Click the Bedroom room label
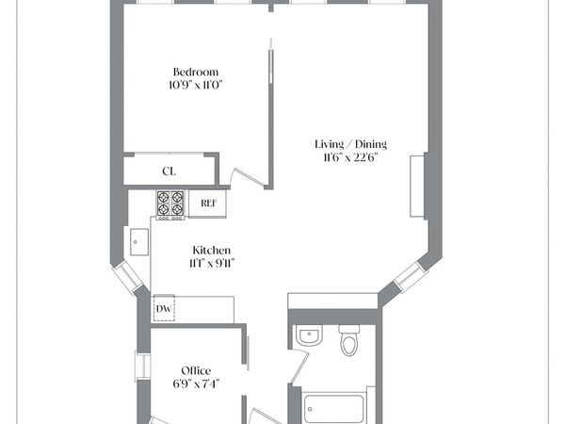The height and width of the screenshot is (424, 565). [x=196, y=73]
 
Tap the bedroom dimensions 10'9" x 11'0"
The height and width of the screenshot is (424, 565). [x=196, y=85]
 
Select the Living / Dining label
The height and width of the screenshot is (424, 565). [x=350, y=144]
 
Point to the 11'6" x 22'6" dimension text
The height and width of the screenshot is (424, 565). [x=350, y=157]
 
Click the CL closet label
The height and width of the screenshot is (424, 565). [x=169, y=171]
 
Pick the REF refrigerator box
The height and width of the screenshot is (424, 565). [x=208, y=203]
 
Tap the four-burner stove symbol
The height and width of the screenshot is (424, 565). [x=170, y=204]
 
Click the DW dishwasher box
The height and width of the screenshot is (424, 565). [x=164, y=309]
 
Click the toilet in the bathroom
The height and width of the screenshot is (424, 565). [x=349, y=341]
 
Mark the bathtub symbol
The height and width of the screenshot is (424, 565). [x=333, y=410]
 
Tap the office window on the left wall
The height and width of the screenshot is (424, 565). [x=142, y=367]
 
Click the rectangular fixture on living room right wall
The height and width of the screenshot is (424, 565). [x=415, y=187]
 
